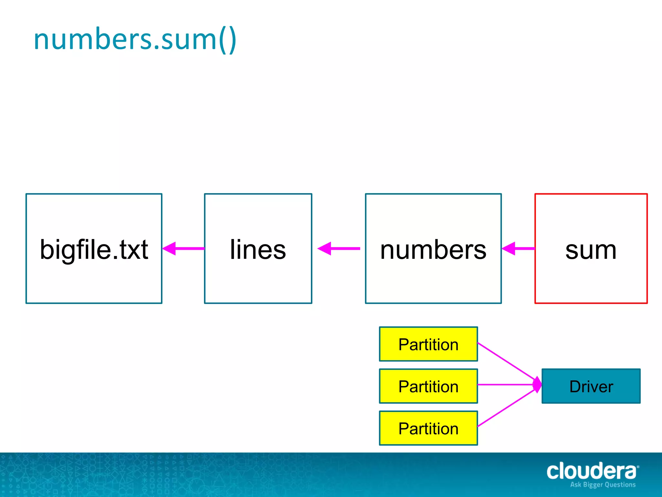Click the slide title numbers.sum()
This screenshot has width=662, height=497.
(x=135, y=39)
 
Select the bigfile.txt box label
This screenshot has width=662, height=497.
(x=94, y=249)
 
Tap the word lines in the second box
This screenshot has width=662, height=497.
(x=258, y=249)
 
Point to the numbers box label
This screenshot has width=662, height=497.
(x=433, y=249)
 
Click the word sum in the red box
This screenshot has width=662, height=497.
(x=591, y=250)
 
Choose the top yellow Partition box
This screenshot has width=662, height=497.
(x=428, y=344)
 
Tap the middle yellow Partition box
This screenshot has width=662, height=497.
(x=428, y=386)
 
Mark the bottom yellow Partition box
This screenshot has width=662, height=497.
(x=428, y=428)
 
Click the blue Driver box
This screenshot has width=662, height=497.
(x=591, y=386)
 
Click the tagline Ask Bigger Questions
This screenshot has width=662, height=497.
(x=603, y=485)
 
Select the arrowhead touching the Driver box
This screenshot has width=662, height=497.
(x=538, y=385)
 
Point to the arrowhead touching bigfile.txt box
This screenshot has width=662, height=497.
(x=169, y=248)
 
